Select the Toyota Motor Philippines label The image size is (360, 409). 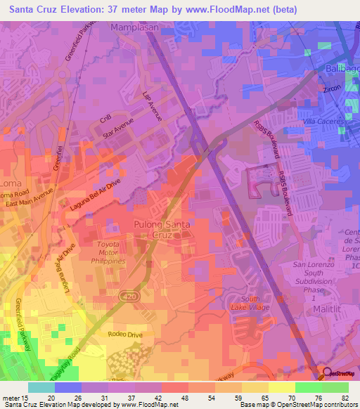(x=108, y=252)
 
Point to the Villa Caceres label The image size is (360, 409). (x=322, y=121)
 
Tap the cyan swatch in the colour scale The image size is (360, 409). (x=41, y=387)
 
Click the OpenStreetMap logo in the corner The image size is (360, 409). (x=340, y=373)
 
